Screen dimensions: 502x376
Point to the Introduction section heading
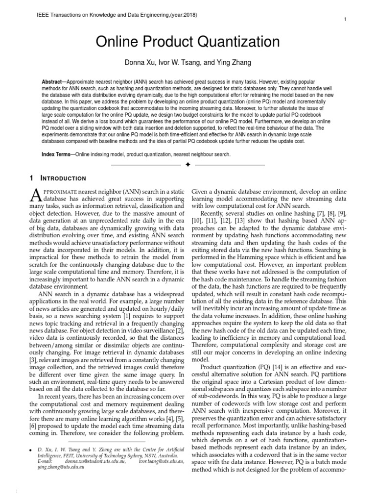[x=65, y=178]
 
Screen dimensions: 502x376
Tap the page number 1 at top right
[x=346, y=19]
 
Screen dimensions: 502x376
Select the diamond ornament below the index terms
[x=188, y=165]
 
